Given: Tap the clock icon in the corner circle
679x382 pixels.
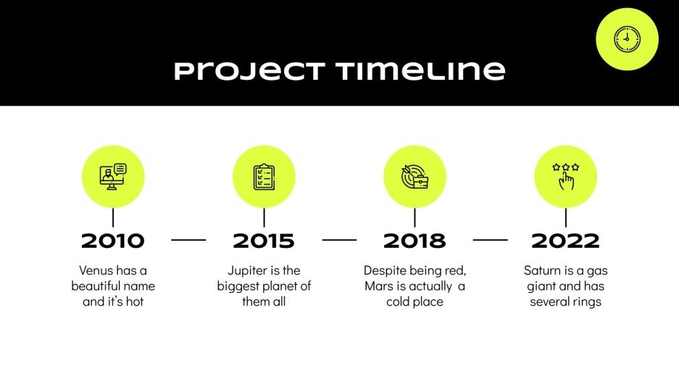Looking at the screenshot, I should [627, 39].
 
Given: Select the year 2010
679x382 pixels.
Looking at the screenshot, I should [113, 241].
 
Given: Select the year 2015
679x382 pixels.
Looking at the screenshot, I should [264, 241].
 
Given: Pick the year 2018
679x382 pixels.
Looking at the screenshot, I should [415, 241].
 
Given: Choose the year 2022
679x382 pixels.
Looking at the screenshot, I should [565, 241].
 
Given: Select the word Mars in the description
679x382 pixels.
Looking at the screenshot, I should [379, 286].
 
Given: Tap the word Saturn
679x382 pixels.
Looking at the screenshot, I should [543, 270].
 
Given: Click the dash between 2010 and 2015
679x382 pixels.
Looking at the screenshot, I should [188, 239].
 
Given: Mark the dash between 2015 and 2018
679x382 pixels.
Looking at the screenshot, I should [339, 239].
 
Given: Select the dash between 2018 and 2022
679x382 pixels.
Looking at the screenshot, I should [490, 239].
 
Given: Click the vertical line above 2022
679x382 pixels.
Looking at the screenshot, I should [565, 217].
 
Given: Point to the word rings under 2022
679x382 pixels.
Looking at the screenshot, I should [586, 302].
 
